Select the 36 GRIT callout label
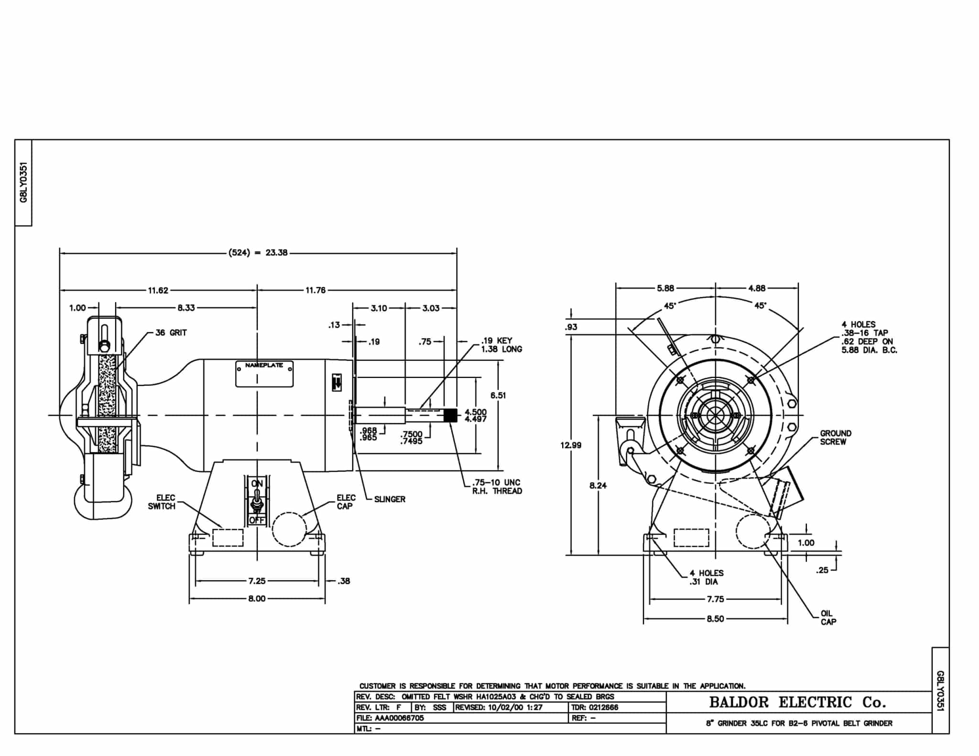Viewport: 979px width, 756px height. point(171,333)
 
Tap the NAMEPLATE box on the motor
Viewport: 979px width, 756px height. point(264,374)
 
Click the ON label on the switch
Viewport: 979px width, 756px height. point(257,484)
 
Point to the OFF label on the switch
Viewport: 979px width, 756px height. point(257,520)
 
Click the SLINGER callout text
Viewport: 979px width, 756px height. point(390,499)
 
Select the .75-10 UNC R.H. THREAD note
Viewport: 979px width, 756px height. point(497,487)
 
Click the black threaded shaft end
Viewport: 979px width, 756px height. point(450,415)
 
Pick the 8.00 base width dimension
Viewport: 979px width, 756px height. point(257,599)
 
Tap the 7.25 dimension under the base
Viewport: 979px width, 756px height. point(257,581)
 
